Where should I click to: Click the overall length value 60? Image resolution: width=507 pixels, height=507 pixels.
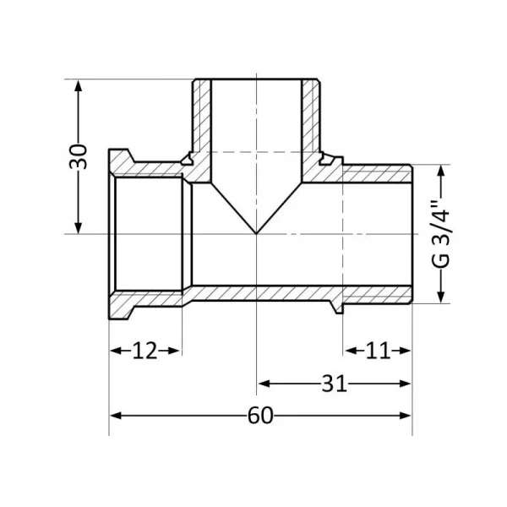tap(260, 416)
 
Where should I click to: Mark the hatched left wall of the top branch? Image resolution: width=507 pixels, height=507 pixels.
tap(202, 118)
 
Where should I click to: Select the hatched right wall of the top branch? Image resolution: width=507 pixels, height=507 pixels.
tap(313, 118)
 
